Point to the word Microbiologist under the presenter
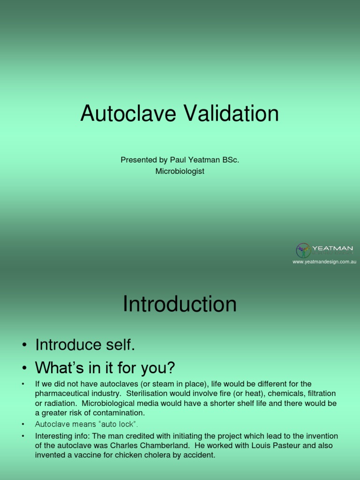coord(180,171)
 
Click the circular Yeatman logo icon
coord(303,251)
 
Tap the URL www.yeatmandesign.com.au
coord(324,262)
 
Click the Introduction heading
coord(180,304)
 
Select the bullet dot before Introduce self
coord(23,346)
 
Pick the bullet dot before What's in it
coord(23,368)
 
